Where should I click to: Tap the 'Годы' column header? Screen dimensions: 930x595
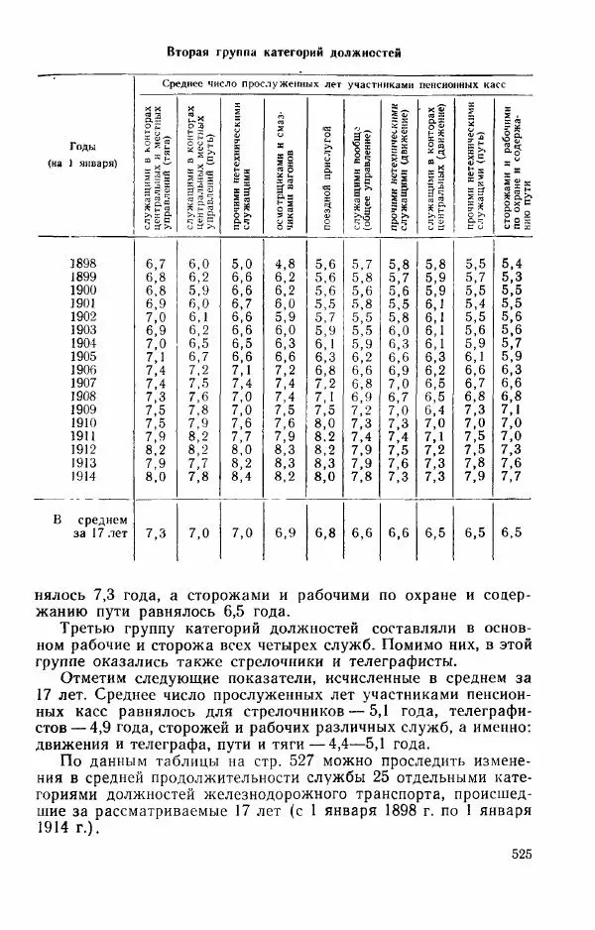pos(83,143)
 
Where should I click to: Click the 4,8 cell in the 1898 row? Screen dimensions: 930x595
pos(285,263)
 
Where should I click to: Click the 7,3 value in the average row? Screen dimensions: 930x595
pos(156,532)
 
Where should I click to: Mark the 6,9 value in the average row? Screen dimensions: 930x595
pos(285,532)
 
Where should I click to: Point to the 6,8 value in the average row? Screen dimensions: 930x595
pos(325,532)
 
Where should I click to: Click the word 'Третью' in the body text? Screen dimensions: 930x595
pos(91,630)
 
